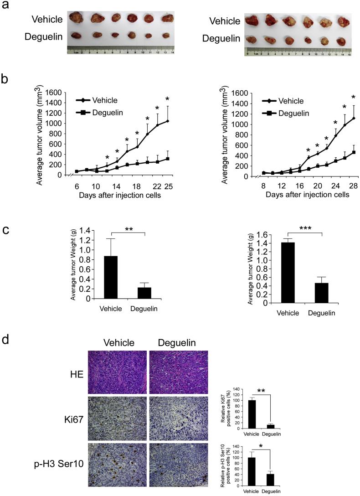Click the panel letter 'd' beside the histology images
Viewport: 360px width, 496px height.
point(6,340)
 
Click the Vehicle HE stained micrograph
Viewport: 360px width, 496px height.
point(117,372)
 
